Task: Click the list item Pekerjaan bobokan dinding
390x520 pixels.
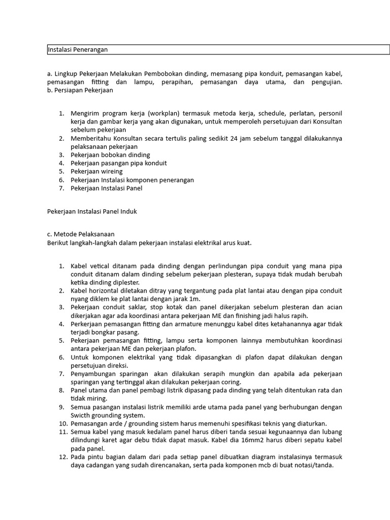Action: click(110, 155)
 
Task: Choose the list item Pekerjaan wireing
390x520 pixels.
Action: click(96, 172)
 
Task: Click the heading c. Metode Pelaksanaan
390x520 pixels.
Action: click(80, 234)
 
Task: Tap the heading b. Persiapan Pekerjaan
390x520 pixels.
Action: click(80, 90)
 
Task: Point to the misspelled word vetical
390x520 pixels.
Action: click(99, 266)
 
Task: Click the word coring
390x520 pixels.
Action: click(230, 382)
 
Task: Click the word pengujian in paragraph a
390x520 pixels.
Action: click(325, 82)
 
